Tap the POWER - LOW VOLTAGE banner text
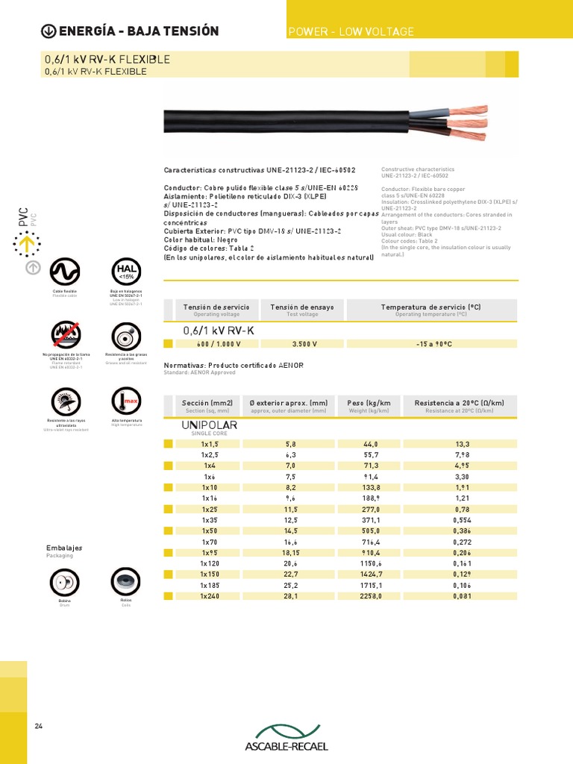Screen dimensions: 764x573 click(351, 31)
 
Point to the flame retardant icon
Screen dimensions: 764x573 click(65, 336)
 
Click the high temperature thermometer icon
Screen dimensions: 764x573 click(125, 401)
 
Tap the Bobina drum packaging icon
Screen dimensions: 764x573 click(64, 582)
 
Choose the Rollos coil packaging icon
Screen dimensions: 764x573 click(125, 581)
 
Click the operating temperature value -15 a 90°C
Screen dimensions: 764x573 click(434, 344)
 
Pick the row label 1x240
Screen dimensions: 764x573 click(210, 596)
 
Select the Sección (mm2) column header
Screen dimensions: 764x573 click(210, 403)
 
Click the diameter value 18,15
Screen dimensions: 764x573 click(289, 553)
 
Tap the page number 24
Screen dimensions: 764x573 click(39, 726)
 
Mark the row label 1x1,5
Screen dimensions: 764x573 click(210, 443)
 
